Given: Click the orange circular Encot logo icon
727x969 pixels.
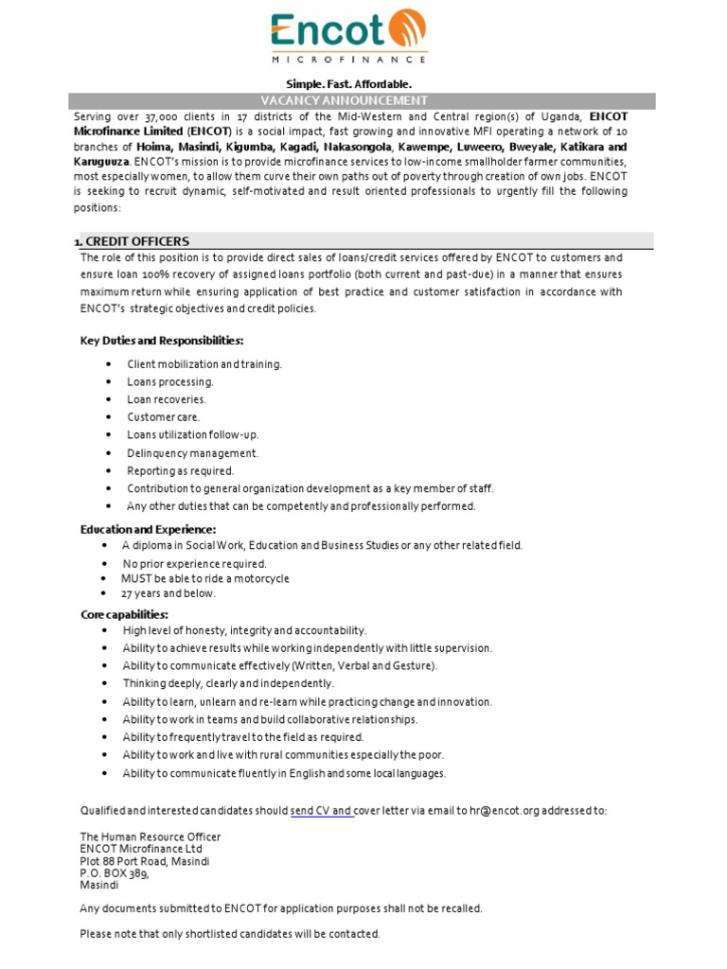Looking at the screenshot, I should [x=408, y=29].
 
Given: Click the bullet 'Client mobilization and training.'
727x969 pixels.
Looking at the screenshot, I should [x=204, y=363].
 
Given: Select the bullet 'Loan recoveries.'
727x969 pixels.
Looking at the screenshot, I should [x=167, y=399].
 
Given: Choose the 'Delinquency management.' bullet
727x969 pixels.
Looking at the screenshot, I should [x=192, y=453].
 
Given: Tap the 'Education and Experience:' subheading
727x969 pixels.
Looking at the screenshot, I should [x=148, y=529].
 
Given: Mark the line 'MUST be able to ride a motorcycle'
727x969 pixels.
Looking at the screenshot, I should [x=204, y=578].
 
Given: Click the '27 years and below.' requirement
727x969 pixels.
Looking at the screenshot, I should [x=168, y=594].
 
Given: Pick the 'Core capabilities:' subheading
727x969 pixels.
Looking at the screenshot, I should [x=124, y=615].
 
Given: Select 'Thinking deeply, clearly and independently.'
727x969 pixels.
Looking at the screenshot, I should [x=228, y=683].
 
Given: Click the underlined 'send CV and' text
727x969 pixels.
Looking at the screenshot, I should [x=322, y=811].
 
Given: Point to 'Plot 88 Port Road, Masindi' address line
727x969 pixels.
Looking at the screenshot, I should [x=145, y=861].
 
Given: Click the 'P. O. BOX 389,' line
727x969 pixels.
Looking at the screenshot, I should [x=115, y=873].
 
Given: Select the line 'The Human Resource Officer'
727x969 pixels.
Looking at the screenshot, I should [x=150, y=837].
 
